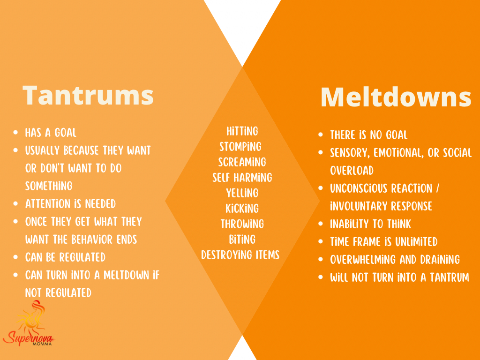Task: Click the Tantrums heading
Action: pos(88,95)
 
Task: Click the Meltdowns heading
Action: pos(396,97)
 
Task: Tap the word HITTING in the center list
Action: pos(242,131)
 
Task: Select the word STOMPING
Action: pos(240,147)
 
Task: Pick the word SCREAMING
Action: pos(242,162)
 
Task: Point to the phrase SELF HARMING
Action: pos(242,178)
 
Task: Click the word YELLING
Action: pos(242,193)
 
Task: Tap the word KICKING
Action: pos(242,209)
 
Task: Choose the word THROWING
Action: pos(242,224)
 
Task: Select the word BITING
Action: pos(242,240)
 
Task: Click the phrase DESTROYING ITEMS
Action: pos(240,255)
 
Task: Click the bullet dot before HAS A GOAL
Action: pos(15,133)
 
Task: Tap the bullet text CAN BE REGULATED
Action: pos(65,257)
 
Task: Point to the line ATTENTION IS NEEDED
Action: pos(70,204)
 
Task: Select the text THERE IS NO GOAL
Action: pos(368,135)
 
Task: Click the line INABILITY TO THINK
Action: pos(370,224)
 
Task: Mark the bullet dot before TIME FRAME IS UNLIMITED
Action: pos(321,241)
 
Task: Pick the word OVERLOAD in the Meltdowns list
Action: pos(352,171)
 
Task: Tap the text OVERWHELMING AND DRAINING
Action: pos(395,260)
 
